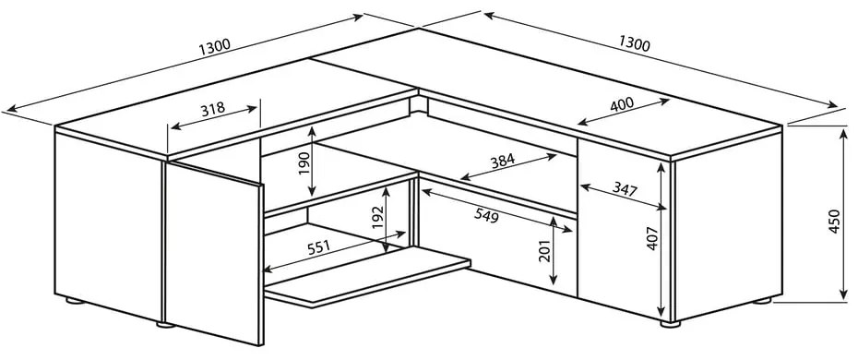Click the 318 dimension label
[x=212, y=108]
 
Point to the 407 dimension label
[x=652, y=238]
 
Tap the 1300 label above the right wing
[x=634, y=43]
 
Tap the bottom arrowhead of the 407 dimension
[x=662, y=314]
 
